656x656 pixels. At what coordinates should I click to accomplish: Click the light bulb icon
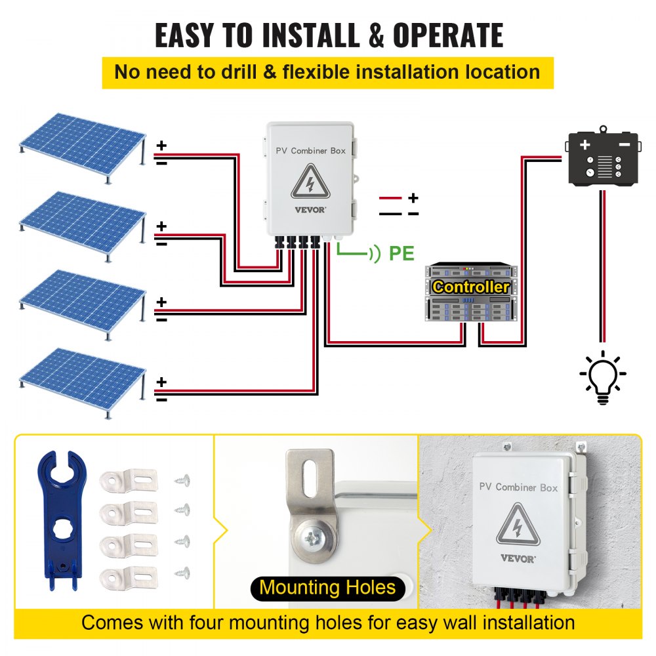tap(602, 376)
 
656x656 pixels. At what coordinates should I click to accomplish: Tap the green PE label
tap(401, 253)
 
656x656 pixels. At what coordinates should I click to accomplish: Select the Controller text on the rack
tap(471, 287)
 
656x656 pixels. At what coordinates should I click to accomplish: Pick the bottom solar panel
tap(81, 379)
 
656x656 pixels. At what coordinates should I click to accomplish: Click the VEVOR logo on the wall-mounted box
tap(519, 558)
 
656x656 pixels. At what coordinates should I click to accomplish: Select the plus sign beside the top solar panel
tap(161, 147)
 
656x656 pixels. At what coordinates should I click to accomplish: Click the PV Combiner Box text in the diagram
tap(310, 151)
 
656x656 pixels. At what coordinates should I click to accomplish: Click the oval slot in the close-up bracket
tap(308, 479)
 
